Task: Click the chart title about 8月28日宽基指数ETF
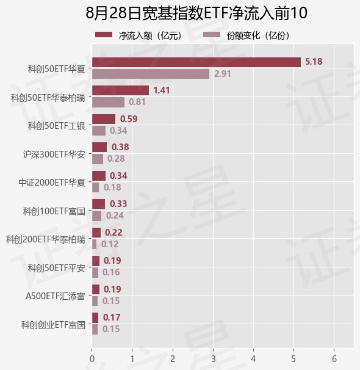[196, 13]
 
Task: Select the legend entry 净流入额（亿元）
[139, 35]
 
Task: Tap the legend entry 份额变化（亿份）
[247, 35]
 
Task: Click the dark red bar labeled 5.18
[196, 62]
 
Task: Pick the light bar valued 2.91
[151, 74]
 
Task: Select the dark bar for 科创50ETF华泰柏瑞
[120, 90]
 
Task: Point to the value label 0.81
[137, 102]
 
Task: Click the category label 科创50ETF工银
[56, 126]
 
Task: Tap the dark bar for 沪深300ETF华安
[99, 147]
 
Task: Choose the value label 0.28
[116, 159]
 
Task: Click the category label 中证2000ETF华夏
[52, 183]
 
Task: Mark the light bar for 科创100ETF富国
[96, 216]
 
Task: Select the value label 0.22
[113, 233]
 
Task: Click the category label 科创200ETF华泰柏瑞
[45, 239]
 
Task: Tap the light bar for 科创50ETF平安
[95, 272]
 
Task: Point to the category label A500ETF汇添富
[55, 296]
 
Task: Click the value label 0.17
[112, 317]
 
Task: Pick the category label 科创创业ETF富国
[53, 325]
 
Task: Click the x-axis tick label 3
[214, 359]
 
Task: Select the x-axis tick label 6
[334, 359]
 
